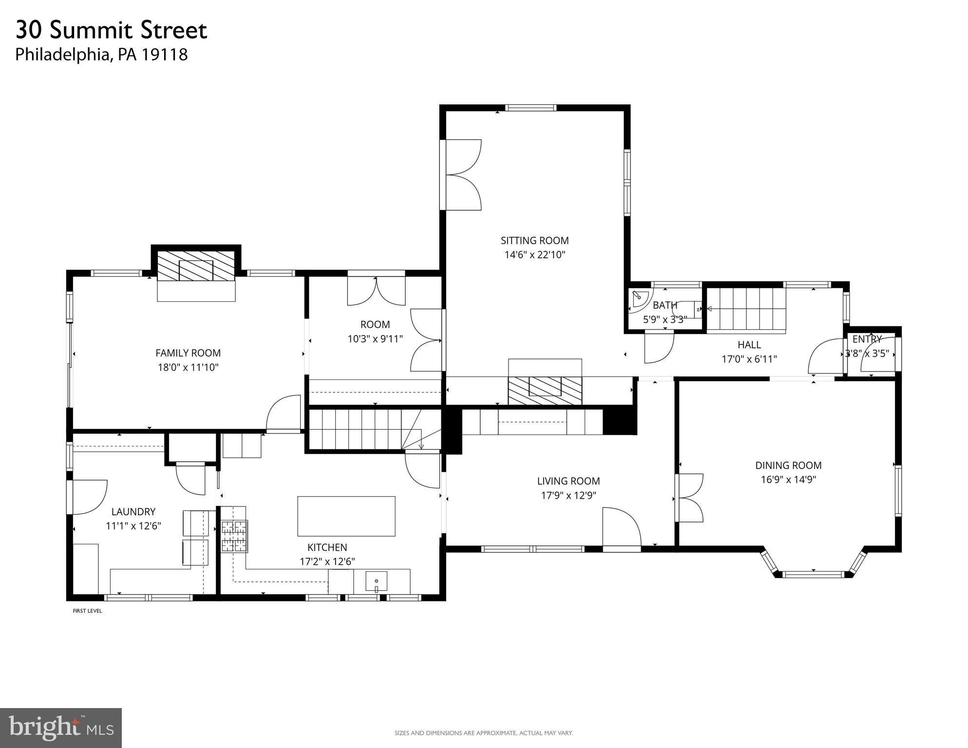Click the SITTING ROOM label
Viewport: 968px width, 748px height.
point(534,241)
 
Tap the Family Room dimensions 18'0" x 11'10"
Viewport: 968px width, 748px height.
point(188,367)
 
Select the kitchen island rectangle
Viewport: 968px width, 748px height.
point(346,516)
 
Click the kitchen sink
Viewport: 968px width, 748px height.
point(377,581)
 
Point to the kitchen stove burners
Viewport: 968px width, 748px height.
point(235,536)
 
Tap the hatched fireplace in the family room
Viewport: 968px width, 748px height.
point(196,266)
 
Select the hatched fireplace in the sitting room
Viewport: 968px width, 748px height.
point(545,390)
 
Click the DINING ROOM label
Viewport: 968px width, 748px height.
point(788,466)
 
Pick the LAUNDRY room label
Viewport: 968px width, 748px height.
point(133,512)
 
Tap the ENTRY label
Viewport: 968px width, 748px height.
point(867,339)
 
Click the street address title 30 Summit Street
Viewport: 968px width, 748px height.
point(112,30)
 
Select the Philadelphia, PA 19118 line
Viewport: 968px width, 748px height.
point(101,55)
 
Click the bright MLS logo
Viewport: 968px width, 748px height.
point(60,728)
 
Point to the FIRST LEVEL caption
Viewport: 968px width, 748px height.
point(87,611)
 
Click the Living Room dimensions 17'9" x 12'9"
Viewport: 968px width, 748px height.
point(568,495)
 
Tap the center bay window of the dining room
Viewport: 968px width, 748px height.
point(813,574)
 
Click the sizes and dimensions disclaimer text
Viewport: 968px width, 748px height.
point(483,733)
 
